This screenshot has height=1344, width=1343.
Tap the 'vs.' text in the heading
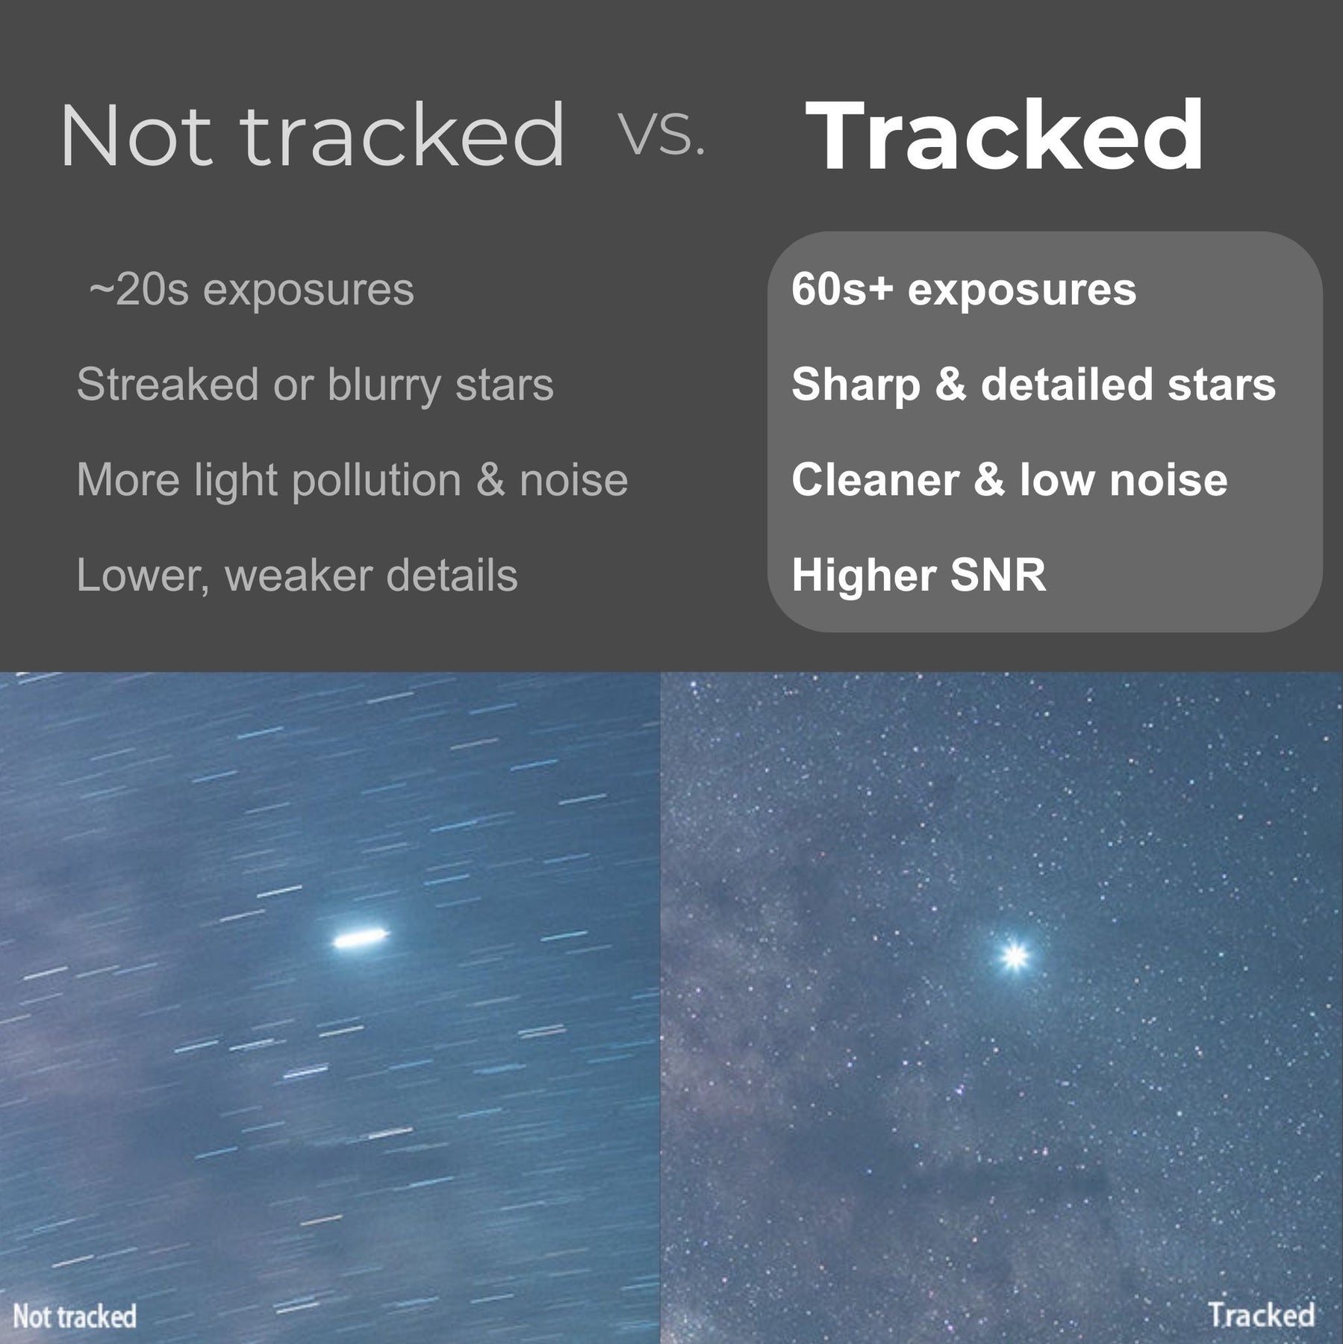pyautogui.click(x=662, y=137)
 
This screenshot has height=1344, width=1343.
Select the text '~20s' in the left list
pyautogui.click(x=139, y=290)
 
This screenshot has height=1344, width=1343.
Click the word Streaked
pyautogui.click(x=168, y=385)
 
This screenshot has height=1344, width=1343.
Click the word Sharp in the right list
pyautogui.click(x=856, y=386)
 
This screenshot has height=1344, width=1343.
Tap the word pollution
pyautogui.click(x=376, y=480)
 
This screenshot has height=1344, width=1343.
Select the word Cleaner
pyautogui.click(x=875, y=479)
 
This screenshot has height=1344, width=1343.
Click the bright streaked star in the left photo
pyautogui.click(x=361, y=937)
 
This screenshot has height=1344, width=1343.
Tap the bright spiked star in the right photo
pyautogui.click(x=1015, y=955)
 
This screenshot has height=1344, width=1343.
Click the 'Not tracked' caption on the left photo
pyautogui.click(x=75, y=1316)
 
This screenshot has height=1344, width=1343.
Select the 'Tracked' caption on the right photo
pyautogui.click(x=1262, y=1314)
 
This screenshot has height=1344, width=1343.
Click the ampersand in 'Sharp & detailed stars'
pyautogui.click(x=950, y=385)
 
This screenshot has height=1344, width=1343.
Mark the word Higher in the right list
pyautogui.click(x=863, y=576)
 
